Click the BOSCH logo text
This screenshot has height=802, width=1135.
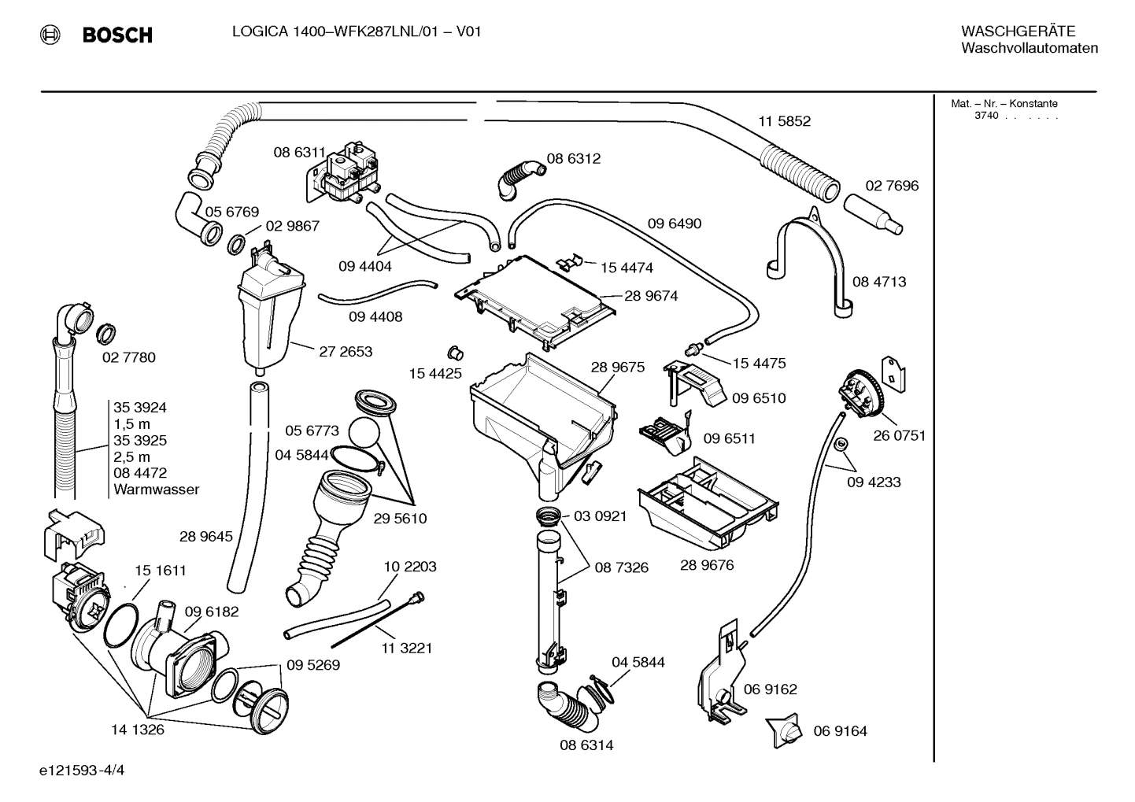pyautogui.click(x=116, y=35)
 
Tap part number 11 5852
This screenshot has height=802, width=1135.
pyautogui.click(x=784, y=121)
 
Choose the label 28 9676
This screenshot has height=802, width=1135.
pyautogui.click(x=706, y=565)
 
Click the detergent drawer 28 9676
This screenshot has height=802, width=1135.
pyautogui.click(x=707, y=504)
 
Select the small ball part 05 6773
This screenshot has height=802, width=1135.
pyautogui.click(x=364, y=431)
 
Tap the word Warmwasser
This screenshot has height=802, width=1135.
pyautogui.click(x=156, y=490)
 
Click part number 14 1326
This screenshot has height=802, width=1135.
pyautogui.click(x=138, y=730)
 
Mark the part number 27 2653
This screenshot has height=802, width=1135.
pyautogui.click(x=346, y=351)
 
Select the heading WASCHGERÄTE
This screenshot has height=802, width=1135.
pyautogui.click(x=1018, y=31)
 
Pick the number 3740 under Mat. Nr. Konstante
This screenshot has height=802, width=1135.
pyautogui.click(x=985, y=116)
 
